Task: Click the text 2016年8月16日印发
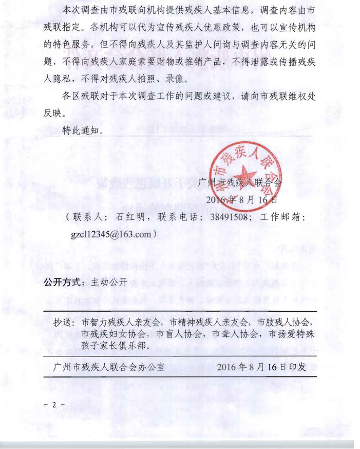(x=261, y=367)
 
